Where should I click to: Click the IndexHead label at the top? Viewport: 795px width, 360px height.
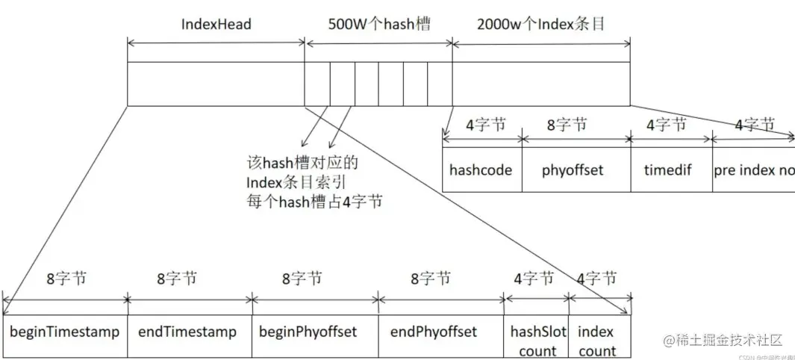click(x=216, y=24)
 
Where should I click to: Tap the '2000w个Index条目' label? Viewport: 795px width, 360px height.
click(x=541, y=24)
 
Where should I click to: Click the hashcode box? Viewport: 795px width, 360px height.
click(x=481, y=170)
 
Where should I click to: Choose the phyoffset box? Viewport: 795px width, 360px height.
click(x=573, y=170)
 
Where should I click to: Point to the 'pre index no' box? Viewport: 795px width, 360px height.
click(x=752, y=170)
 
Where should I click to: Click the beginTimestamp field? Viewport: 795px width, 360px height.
click(x=65, y=332)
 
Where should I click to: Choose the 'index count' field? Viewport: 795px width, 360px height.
click(x=597, y=341)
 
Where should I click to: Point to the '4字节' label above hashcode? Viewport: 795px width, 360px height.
click(x=485, y=124)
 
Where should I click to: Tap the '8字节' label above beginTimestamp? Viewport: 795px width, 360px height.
click(x=66, y=279)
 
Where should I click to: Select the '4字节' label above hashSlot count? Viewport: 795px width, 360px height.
click(x=534, y=279)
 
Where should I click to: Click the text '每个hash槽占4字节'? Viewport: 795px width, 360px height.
click(x=314, y=202)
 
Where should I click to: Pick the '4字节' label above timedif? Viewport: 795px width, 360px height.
click(x=666, y=124)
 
